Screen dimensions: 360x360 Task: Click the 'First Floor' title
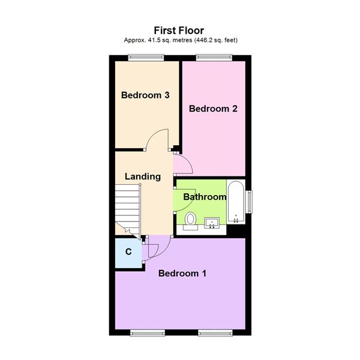pos(179,29)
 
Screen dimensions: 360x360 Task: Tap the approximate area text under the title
pos(179,40)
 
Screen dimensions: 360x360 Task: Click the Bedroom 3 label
pos(145,95)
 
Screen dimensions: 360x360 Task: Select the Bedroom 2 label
pos(214,109)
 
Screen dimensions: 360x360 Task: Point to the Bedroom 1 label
pos(182,274)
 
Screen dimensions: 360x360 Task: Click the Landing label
pos(143,176)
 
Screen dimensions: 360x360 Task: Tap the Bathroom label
pos(205,197)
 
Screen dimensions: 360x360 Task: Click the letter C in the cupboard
pos(128,252)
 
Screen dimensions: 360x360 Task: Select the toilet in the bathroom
pos(190,220)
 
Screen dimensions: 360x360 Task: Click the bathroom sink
pos(212,224)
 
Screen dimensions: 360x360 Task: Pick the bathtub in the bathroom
pos(236,200)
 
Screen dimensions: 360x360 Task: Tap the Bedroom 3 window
pos(146,58)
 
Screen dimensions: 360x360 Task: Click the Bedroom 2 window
pos(214,58)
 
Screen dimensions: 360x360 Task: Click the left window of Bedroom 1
pos(148,332)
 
